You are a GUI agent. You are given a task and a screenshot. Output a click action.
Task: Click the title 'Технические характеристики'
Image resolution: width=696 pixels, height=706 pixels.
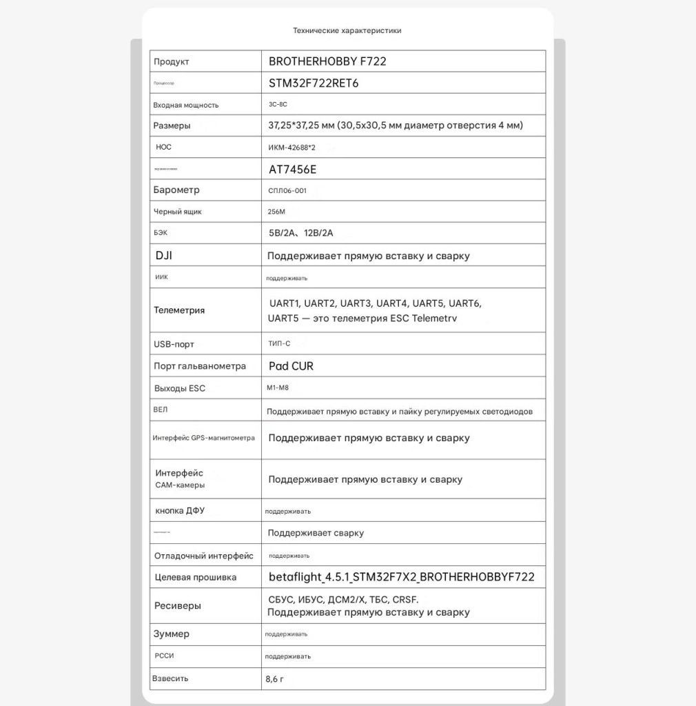(347, 30)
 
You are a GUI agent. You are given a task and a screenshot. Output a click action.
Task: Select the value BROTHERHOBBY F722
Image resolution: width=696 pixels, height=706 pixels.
(327, 61)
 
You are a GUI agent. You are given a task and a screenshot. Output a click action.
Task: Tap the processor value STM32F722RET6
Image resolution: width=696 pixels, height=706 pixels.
(314, 83)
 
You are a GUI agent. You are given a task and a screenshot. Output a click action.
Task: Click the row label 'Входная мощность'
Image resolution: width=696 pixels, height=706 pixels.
(186, 105)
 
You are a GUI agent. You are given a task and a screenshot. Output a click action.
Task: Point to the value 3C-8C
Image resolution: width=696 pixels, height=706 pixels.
(278, 105)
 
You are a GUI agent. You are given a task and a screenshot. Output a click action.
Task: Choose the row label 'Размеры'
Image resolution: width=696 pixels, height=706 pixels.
(172, 125)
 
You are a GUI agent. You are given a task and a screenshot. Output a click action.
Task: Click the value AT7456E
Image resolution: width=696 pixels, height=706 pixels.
(293, 169)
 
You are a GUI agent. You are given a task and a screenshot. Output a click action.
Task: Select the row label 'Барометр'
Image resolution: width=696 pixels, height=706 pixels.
(176, 190)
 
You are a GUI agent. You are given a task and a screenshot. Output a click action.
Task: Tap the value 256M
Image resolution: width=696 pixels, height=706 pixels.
(276, 212)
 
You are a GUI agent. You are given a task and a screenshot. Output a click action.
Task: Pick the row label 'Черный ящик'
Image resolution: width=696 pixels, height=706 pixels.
(178, 212)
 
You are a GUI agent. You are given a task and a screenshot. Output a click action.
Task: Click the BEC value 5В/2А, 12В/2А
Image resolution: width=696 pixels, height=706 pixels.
(305, 233)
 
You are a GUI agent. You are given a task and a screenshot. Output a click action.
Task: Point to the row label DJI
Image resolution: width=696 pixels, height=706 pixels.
(164, 255)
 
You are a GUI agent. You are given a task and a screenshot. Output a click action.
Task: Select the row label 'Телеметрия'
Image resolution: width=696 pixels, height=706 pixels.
(179, 310)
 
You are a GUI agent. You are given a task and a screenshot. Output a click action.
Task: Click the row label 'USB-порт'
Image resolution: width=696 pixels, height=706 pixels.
(174, 344)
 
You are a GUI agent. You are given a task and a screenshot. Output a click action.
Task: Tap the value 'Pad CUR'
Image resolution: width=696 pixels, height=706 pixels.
(291, 366)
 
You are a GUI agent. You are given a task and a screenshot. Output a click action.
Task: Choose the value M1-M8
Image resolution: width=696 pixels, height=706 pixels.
(278, 388)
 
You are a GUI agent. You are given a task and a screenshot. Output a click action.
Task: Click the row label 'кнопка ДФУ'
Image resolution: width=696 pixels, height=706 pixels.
(180, 511)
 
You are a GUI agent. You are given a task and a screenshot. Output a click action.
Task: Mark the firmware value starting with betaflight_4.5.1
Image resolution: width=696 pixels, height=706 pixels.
(401, 577)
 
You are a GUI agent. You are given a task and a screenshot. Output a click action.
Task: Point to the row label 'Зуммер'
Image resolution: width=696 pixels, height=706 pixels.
(172, 634)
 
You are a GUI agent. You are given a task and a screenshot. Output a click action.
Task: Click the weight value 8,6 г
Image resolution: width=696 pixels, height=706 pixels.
(274, 678)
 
